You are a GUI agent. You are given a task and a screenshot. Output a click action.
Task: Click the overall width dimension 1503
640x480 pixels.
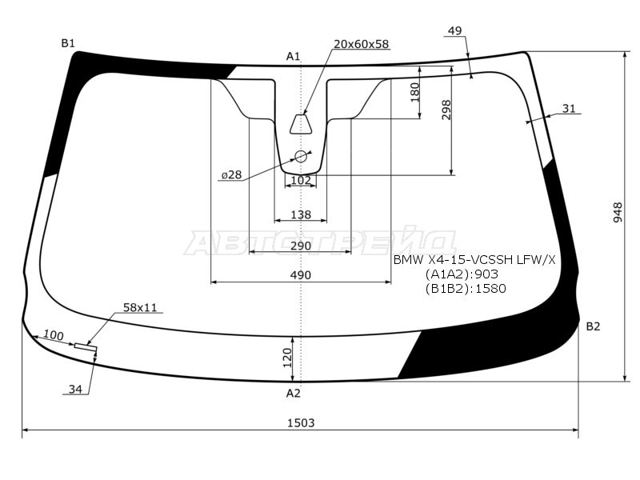(301, 422)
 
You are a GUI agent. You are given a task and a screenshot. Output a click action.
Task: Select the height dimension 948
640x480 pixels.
(618, 212)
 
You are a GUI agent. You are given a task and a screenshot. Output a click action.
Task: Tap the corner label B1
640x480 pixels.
(68, 43)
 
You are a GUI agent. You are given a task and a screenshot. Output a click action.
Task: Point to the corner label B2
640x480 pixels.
(593, 326)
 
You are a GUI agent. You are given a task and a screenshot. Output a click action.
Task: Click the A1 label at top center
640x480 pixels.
(293, 56)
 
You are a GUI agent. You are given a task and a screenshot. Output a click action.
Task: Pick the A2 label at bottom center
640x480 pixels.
(293, 393)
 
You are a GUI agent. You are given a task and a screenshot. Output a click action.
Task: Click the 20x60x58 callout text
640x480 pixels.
(362, 44)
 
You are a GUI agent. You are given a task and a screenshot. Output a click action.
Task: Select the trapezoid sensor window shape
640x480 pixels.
(301, 124)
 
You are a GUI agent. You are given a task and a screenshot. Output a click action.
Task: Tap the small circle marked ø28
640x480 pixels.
(301, 156)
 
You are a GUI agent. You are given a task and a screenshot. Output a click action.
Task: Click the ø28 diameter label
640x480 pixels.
(232, 175)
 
